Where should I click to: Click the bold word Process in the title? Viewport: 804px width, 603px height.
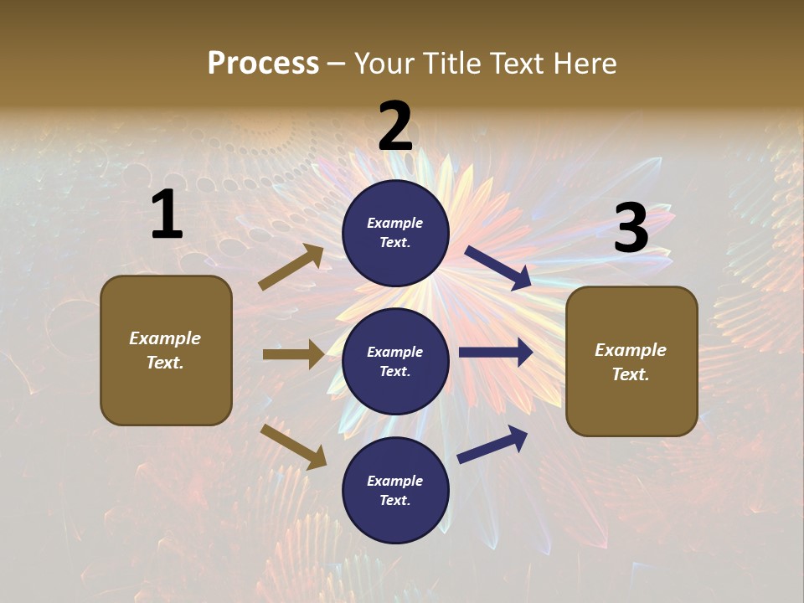click(263, 64)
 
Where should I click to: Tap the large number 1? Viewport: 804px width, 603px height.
click(167, 215)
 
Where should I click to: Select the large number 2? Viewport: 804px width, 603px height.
click(395, 126)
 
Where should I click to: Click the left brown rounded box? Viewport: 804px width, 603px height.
click(166, 350)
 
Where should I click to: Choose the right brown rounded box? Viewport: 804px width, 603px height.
click(631, 361)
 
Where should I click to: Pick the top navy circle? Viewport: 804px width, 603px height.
click(395, 233)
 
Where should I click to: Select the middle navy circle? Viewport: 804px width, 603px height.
click(395, 361)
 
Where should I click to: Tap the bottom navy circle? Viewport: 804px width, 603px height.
click(395, 490)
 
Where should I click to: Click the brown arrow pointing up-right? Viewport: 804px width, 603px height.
click(291, 267)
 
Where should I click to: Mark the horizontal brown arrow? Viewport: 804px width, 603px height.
click(293, 354)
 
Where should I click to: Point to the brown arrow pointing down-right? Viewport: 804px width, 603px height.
click(293, 446)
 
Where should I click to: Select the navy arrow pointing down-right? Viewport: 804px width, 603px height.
click(498, 268)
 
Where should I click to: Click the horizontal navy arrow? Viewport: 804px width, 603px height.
click(496, 353)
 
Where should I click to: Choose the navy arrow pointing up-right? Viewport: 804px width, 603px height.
click(492, 445)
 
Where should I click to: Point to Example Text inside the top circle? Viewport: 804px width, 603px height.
click(395, 233)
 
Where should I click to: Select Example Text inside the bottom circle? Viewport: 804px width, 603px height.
click(395, 490)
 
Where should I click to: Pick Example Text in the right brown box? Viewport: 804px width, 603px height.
click(631, 362)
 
